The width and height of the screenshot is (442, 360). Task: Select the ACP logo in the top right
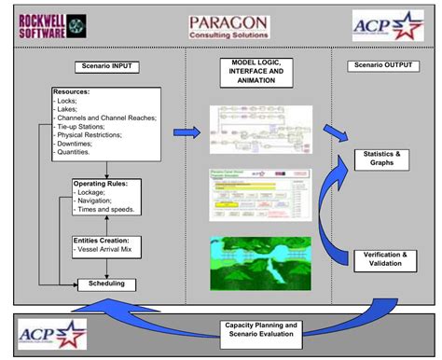point(388,25)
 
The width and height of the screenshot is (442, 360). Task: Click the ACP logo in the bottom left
point(51,333)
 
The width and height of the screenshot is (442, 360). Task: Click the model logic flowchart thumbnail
point(258,129)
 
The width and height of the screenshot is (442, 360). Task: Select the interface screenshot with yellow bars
point(258,194)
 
